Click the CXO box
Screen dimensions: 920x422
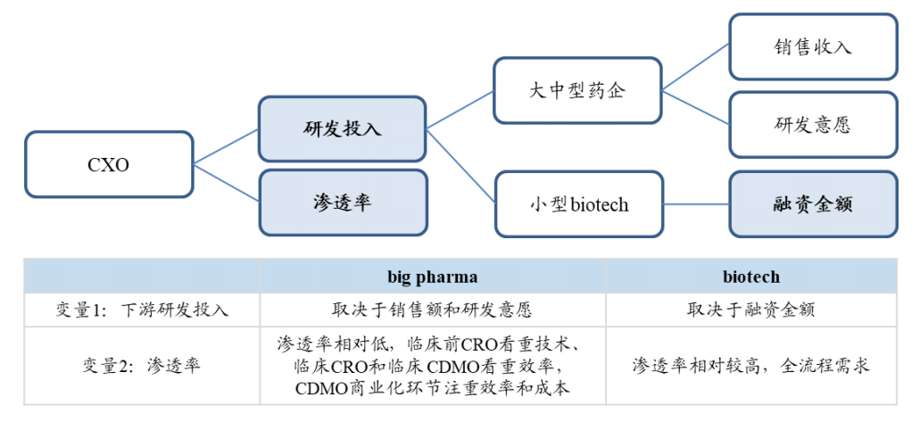109,164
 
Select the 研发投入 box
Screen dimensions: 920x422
343,129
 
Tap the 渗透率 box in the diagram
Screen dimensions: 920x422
343,203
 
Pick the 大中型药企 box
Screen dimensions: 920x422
578,91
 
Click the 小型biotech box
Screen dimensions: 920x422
578,204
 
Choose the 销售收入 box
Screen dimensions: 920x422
813,47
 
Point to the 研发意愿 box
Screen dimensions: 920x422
813,124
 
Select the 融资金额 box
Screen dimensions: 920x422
813,204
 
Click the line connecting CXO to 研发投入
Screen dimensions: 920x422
226,146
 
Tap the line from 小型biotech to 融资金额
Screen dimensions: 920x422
696,204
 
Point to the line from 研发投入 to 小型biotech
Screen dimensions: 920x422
460,167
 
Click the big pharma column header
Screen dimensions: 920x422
433,277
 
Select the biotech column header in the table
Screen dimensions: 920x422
751,277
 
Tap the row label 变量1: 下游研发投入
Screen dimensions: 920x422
141,310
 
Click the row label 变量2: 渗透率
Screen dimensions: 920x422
141,366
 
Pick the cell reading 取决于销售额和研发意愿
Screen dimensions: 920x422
433,310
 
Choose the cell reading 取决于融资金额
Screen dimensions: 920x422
751,310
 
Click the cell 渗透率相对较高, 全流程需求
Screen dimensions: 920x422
751,366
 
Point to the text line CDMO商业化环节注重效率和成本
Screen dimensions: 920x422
433,389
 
